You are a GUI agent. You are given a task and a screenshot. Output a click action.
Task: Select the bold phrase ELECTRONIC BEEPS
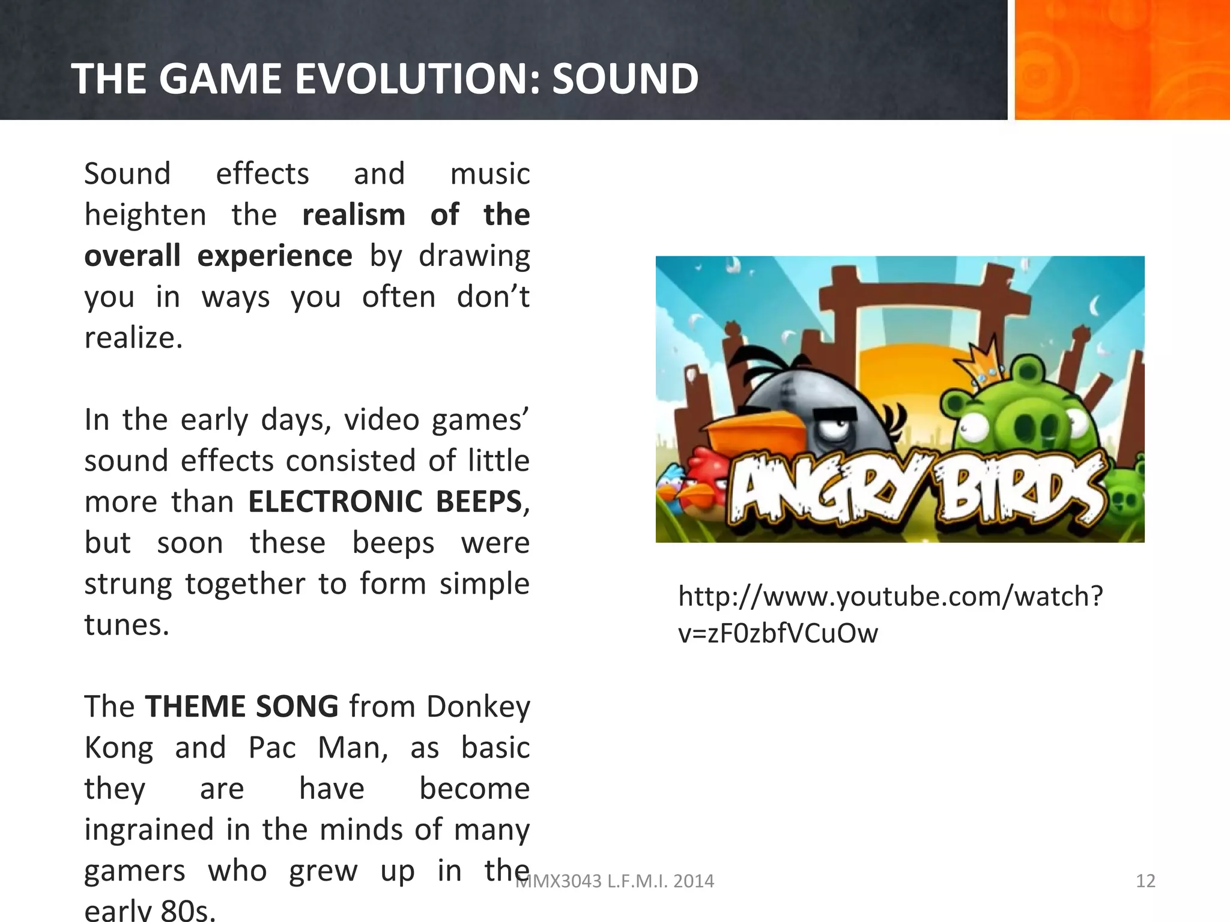(385, 502)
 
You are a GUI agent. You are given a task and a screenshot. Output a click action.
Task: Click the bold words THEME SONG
(241, 707)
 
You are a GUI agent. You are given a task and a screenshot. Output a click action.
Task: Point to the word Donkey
(478, 707)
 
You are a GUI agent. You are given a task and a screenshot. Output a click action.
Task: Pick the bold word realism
(354, 215)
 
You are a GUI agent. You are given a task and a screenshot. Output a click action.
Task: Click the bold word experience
(274, 256)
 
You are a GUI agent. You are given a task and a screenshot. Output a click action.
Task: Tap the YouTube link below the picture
(890, 615)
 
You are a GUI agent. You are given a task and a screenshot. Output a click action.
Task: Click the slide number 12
(1145, 881)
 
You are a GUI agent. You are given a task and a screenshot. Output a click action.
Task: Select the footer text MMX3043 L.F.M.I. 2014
(615, 881)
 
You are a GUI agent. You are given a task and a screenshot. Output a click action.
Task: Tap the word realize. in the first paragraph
(133, 338)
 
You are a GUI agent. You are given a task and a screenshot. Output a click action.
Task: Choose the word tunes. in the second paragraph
(127, 625)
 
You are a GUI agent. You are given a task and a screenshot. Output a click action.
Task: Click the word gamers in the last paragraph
(135, 871)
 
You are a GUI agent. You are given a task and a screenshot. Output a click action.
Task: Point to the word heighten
(145, 215)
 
